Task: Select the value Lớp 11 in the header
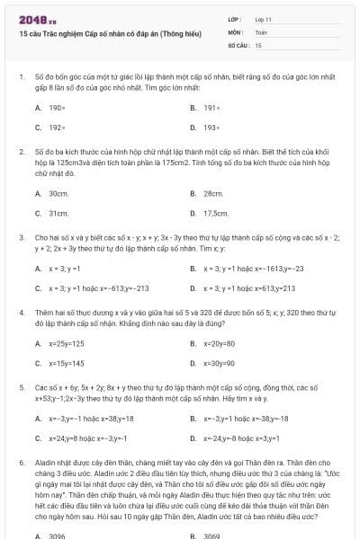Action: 263,19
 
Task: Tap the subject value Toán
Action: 261,31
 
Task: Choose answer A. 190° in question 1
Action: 53,107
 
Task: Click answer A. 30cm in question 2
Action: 56,193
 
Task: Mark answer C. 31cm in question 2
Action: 56,213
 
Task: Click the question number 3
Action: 21,237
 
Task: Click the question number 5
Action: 21,384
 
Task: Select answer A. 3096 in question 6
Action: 55,535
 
